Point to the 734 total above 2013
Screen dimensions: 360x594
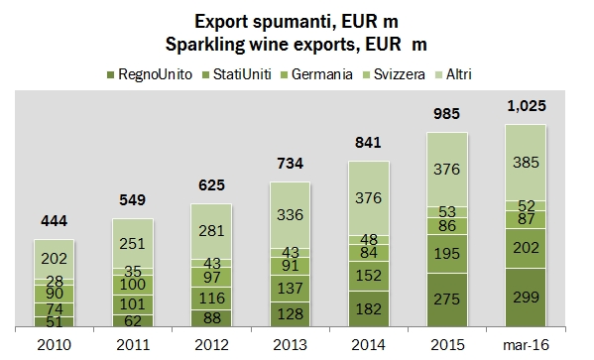coord(296,164)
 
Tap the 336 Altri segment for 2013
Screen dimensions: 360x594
coord(296,211)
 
